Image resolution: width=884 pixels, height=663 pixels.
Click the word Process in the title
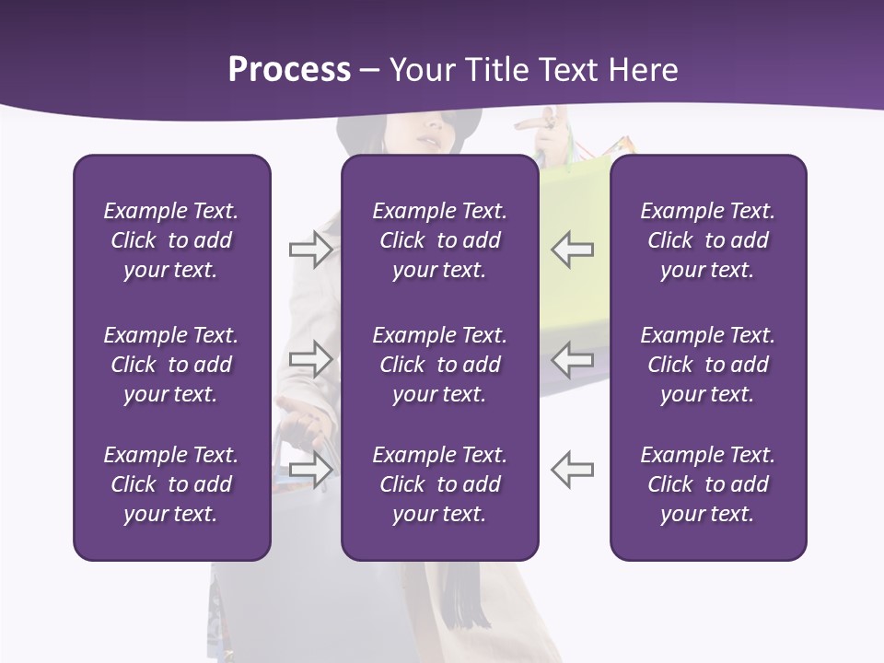tap(289, 69)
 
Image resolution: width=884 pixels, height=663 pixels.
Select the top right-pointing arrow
tap(310, 249)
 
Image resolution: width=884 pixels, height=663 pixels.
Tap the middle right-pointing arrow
tap(310, 358)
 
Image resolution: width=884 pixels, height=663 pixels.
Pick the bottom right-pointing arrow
tap(310, 469)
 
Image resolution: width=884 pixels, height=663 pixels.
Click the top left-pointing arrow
tap(572, 249)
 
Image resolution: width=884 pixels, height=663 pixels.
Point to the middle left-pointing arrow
tap(572, 358)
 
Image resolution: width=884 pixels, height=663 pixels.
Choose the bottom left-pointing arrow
tap(572, 469)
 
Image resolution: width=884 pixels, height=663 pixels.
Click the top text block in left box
tap(171, 240)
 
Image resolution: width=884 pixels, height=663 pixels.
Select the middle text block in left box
tap(171, 365)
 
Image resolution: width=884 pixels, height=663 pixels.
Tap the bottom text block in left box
tap(171, 484)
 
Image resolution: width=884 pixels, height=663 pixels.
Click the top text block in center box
tap(439, 240)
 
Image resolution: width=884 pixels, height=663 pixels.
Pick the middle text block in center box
tap(439, 365)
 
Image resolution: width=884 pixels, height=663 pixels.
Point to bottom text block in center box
tap(439, 484)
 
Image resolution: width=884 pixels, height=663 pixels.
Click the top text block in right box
tap(707, 240)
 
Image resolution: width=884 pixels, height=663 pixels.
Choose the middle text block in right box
tap(707, 365)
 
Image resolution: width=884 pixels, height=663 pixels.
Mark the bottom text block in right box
tap(707, 484)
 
